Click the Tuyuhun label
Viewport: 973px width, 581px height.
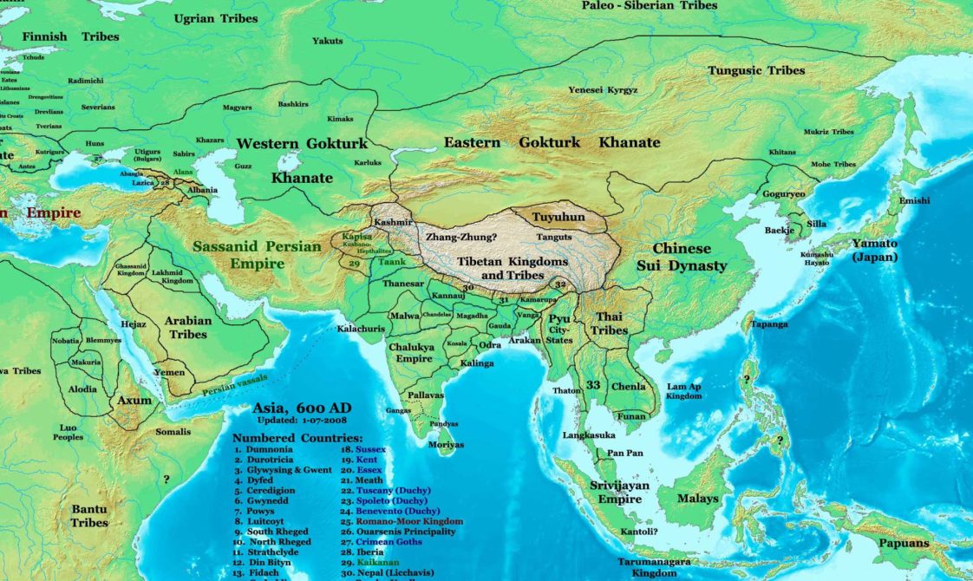point(558,217)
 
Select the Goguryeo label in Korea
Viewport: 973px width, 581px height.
point(784,194)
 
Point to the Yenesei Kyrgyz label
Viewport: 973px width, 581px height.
point(603,89)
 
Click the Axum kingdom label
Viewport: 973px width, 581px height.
point(134,401)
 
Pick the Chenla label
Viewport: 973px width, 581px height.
point(629,386)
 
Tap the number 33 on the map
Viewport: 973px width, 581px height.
point(593,384)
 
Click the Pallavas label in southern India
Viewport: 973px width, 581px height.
point(426,394)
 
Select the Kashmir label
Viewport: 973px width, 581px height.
point(394,222)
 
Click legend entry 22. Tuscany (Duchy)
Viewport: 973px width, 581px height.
point(387,490)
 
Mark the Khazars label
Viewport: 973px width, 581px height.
point(210,140)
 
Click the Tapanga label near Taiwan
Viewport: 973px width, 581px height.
point(770,323)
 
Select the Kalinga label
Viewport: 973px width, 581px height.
point(477,362)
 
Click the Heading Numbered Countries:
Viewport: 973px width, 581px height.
point(297,438)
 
